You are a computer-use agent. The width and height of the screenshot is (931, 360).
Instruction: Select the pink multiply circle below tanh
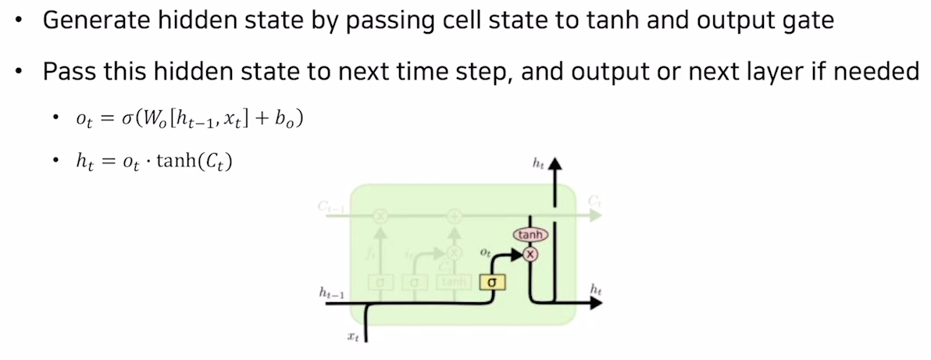pyautogui.click(x=531, y=254)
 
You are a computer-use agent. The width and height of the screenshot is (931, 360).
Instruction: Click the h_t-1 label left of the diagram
pyautogui.click(x=332, y=292)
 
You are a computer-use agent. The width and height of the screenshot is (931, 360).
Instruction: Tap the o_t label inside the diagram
pyautogui.click(x=485, y=255)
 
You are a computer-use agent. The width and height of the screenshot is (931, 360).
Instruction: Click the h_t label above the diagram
pyautogui.click(x=537, y=163)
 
